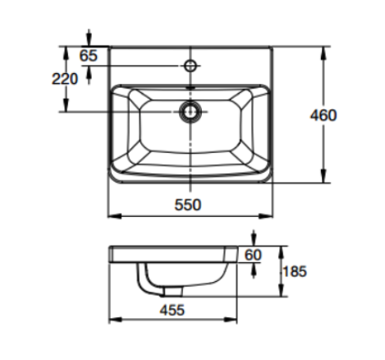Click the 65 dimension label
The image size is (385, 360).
coord(89,55)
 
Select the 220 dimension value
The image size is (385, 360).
coord(64,79)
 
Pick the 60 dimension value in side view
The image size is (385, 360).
coord(252,256)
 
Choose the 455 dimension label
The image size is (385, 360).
coord(172,310)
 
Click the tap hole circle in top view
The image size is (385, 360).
coord(190,64)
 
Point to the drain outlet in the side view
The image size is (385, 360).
coord(172,292)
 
